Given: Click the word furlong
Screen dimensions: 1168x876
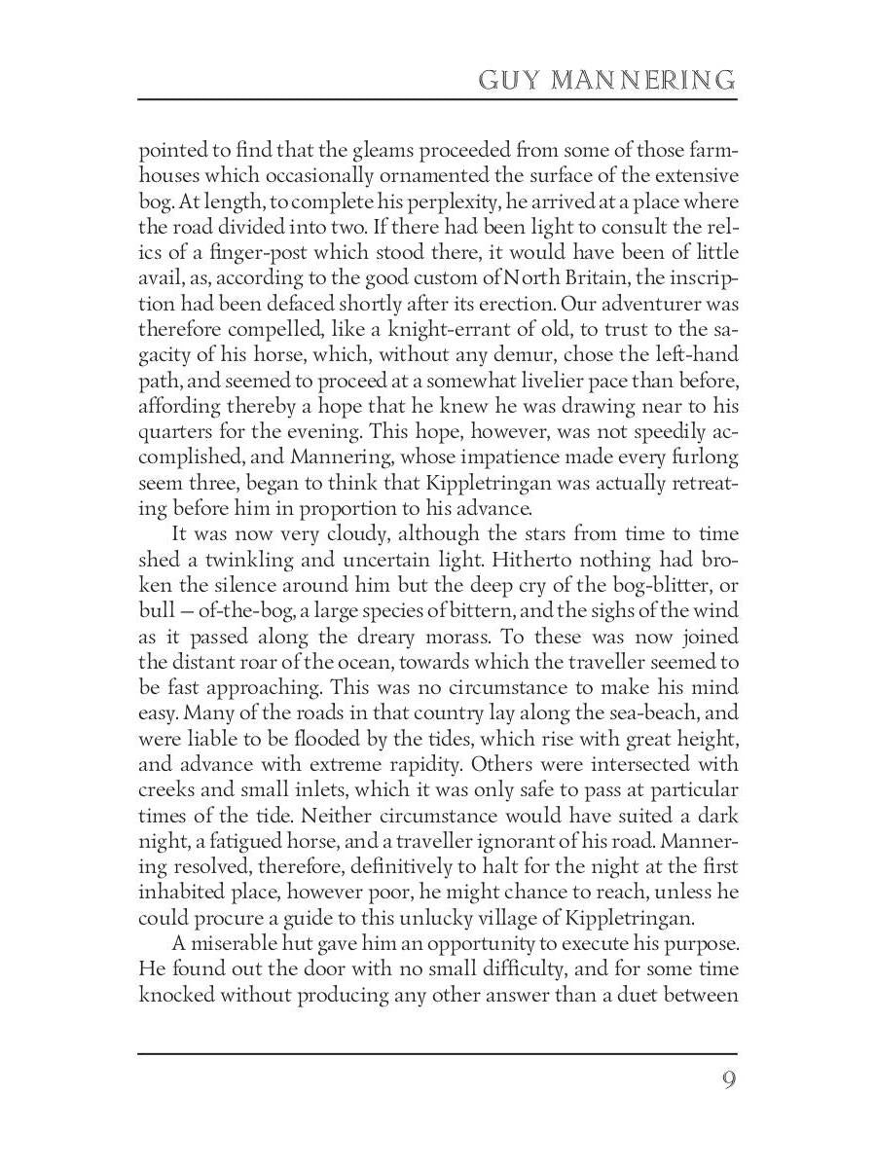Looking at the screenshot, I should point(703,457).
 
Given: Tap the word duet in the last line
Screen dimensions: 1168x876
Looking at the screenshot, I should point(640,993).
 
